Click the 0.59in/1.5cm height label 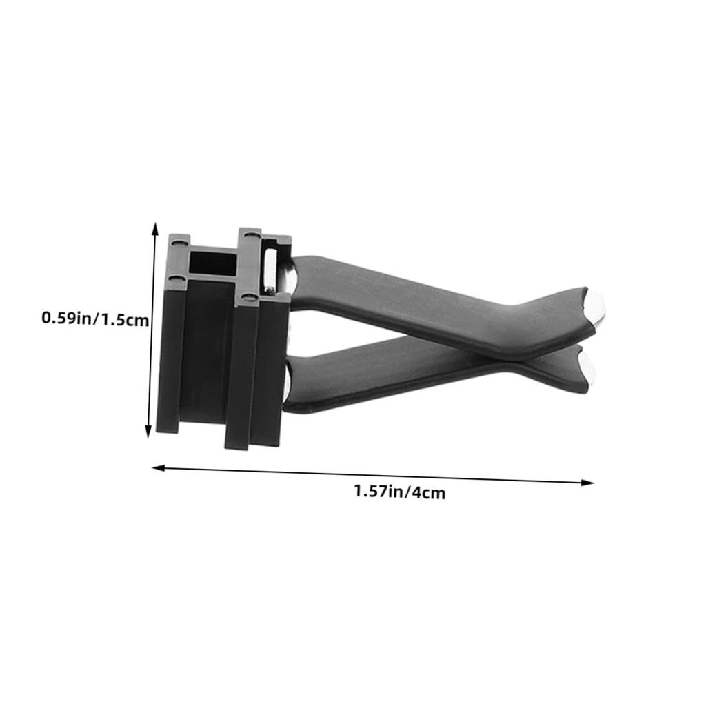click(95, 319)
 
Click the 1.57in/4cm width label click(399, 491)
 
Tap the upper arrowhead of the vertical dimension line click(155, 228)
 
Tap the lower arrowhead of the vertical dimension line click(148, 432)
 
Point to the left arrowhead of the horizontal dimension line click(159, 468)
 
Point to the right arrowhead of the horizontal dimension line click(587, 482)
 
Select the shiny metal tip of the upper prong click(596, 308)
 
